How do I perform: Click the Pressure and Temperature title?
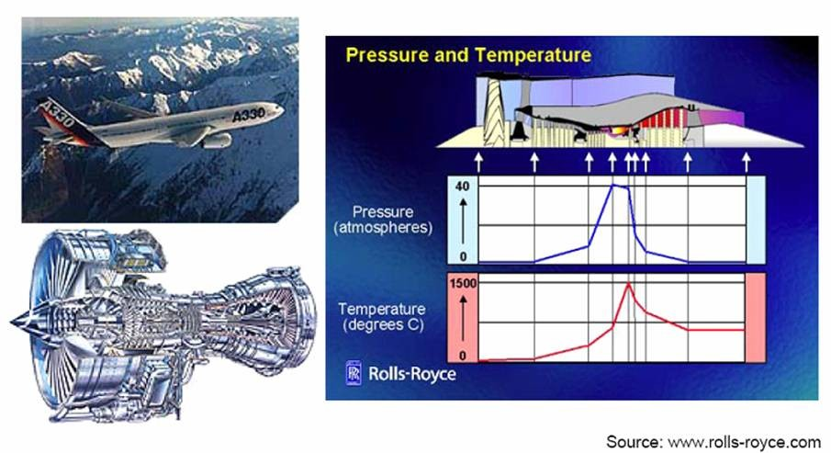point(468,55)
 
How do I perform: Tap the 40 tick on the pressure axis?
point(462,187)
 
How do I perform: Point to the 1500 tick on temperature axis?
point(463,283)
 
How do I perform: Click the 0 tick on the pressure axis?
point(463,256)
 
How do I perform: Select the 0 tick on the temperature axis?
point(463,356)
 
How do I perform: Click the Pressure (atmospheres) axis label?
point(383,220)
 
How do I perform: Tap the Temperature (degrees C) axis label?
point(382,317)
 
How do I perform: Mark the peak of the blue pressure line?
point(613,185)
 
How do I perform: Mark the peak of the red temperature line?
point(629,284)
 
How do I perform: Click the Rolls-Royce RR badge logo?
point(354,372)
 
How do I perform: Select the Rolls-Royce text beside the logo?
point(411,373)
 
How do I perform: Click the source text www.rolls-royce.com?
point(744,441)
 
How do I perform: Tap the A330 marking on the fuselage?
point(248,114)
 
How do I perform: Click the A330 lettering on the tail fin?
point(58,113)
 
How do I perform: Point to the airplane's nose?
point(281,109)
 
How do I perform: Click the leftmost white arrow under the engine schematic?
point(479,162)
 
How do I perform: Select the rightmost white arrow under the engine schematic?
point(747,162)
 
